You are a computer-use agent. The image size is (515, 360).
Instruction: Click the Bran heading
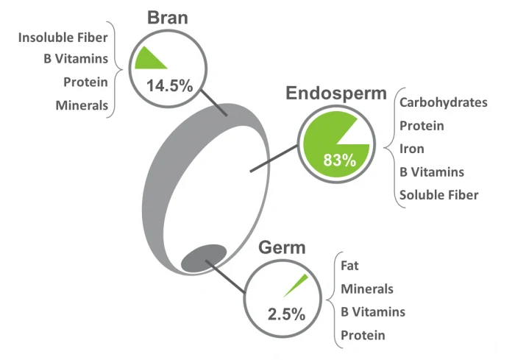tap(168, 18)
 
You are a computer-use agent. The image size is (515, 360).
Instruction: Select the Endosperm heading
tap(336, 93)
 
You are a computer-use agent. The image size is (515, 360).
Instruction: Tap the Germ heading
tap(282, 247)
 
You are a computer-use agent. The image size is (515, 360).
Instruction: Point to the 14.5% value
tap(169, 86)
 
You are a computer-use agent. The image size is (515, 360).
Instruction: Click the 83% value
tap(340, 160)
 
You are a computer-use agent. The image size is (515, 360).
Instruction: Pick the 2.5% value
tap(286, 314)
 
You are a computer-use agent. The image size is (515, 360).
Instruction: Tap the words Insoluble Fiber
tap(63, 38)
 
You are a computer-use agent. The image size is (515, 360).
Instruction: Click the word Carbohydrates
tap(444, 102)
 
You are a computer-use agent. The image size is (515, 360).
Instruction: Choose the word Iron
tap(412, 149)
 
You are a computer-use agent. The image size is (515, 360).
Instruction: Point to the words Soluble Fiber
tap(438, 195)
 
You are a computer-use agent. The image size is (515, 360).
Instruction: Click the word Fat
tap(349, 266)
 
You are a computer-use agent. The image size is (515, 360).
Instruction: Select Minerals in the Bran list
tap(82, 105)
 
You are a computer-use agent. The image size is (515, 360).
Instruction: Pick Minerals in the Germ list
tap(367, 289)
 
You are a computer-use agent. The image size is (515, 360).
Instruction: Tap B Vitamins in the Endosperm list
tap(432, 172)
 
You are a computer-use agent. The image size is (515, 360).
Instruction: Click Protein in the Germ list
tap(363, 336)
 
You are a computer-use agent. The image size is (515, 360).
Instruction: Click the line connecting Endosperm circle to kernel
tap(274, 158)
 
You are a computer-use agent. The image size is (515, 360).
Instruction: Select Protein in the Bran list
tap(86, 82)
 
